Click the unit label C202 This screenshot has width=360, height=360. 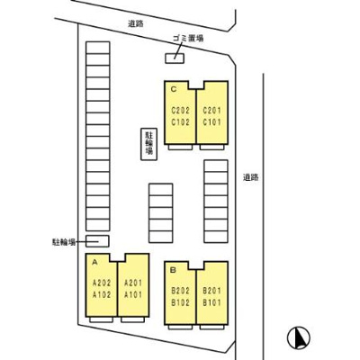tap(181, 111)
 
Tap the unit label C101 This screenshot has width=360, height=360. tap(211, 122)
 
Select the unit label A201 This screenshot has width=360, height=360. tap(133, 283)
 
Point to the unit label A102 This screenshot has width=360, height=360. tap(102, 295)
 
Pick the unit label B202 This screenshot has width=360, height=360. tap(181, 291)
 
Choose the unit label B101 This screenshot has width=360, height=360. tap(211, 302)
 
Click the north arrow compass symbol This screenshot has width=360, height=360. tap(299, 337)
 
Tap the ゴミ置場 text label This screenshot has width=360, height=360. tap(188, 38)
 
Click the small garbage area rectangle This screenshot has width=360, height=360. tap(175, 58)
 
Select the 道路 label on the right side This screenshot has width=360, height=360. tap(251, 177)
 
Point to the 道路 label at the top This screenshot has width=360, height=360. tap(136, 23)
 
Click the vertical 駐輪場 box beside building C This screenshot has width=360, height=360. tap(149, 144)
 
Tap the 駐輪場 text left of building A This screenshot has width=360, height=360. tap(64, 242)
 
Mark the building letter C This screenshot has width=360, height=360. tap(174, 89)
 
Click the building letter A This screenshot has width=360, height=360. tap(95, 262)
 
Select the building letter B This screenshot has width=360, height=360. tap(174, 270)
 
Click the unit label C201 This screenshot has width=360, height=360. tap(211, 111)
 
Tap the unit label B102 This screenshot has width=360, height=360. tap(181, 302)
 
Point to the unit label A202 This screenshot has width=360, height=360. tap(102, 283)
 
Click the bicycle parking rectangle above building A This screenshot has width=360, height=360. tap(97, 241)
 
